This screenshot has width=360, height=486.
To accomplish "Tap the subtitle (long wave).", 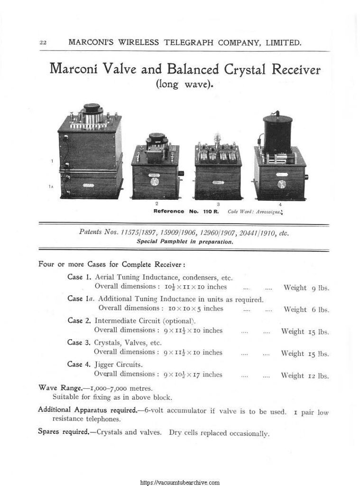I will pos(185,85).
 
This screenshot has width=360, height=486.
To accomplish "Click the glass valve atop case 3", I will pos(219,139).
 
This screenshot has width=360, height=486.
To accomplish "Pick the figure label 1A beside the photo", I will pos(50,187).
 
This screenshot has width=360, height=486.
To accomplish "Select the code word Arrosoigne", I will pos(259,211).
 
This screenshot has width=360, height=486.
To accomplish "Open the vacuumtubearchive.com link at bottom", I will pos(180,482).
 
